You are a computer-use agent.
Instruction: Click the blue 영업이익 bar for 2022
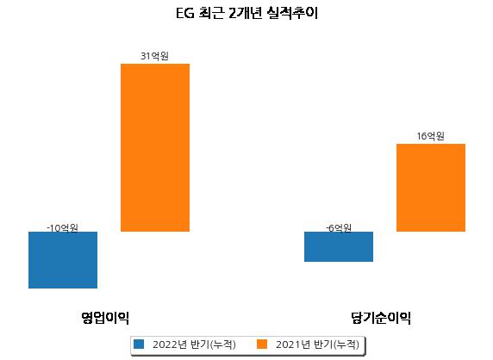(63, 260)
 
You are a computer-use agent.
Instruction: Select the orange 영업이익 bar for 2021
(155, 147)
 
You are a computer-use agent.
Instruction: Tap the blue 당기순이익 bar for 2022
(339, 246)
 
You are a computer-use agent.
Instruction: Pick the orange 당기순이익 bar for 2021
(431, 188)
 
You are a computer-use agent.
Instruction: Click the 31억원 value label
(154, 56)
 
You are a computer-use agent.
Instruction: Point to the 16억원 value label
(430, 136)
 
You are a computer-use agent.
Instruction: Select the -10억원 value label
(62, 227)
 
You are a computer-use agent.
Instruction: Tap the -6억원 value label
(339, 227)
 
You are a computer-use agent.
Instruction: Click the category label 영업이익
(105, 318)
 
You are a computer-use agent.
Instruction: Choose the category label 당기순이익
(381, 318)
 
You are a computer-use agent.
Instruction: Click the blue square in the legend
(139, 344)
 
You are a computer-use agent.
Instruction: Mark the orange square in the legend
(262, 344)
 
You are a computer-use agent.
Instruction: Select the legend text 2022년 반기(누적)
(194, 344)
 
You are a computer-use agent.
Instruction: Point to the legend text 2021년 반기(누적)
(317, 344)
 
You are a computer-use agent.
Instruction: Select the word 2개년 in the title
(246, 14)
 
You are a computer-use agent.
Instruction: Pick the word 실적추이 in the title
(292, 14)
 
